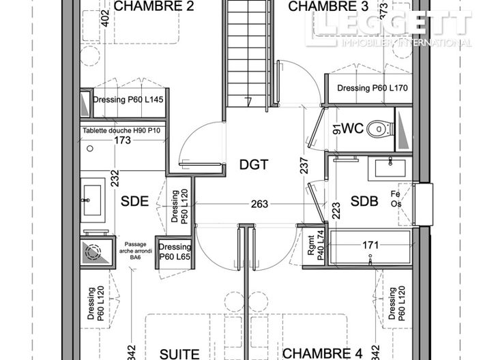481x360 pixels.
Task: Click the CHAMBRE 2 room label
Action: tap(154, 7)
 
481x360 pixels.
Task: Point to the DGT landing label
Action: tap(254, 164)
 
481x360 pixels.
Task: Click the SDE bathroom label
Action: tap(135, 202)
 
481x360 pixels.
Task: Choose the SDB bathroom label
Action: tap(364, 201)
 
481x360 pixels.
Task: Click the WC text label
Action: tap(351, 128)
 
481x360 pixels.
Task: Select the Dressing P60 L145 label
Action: tap(128, 100)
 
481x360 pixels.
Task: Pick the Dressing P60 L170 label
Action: tap(373, 88)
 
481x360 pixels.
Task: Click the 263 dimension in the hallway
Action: tap(259, 203)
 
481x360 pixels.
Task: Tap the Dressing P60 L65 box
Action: tap(175, 252)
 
